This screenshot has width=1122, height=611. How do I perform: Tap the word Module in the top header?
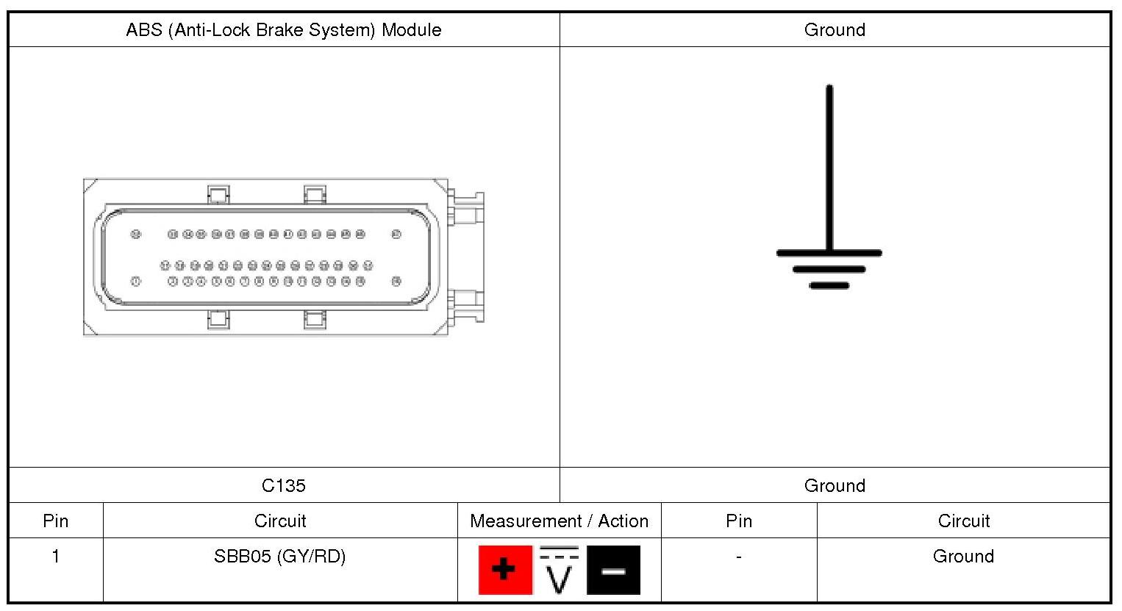pos(411,30)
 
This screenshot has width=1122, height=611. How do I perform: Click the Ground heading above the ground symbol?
pos(835,30)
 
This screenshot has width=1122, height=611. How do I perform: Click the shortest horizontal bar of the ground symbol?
pos(829,285)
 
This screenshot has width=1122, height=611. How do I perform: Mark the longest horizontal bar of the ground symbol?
pos(829,253)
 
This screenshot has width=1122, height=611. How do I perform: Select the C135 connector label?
pos(284,485)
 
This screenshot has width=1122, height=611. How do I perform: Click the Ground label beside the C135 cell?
pos(835,485)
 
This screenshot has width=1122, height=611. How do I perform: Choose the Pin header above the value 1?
pos(56,521)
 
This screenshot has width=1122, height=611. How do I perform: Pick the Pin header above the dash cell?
pos(739,521)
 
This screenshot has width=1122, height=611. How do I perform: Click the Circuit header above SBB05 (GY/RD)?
pos(280,521)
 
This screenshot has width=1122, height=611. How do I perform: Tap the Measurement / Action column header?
pos(559,521)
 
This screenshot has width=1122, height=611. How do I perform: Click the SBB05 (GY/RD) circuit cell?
pos(280,557)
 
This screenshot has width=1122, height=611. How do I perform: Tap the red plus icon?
pos(504,570)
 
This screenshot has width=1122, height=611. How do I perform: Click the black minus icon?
pos(613,570)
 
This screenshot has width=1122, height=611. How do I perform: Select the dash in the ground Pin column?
pos(739,557)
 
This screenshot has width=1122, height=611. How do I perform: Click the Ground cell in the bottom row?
pos(963,557)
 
